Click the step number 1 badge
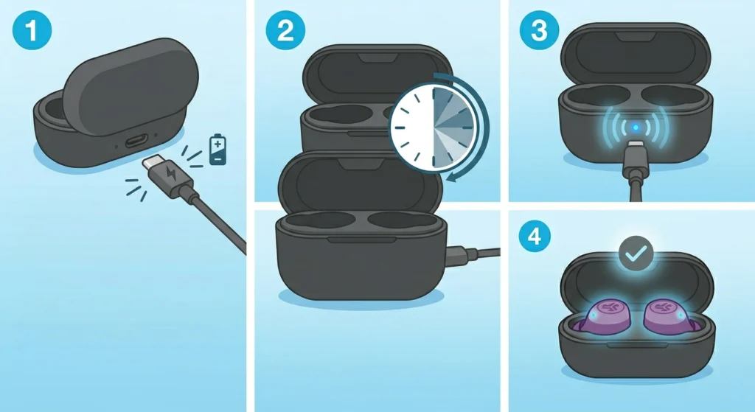32,30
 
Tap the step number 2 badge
285,30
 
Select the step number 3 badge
539,30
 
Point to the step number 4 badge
535,237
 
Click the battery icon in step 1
218,150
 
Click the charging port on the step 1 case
136,142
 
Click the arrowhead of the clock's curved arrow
453,178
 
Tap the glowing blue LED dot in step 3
636,128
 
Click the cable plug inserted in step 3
636,160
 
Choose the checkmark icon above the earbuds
636,253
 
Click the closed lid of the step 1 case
131,87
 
